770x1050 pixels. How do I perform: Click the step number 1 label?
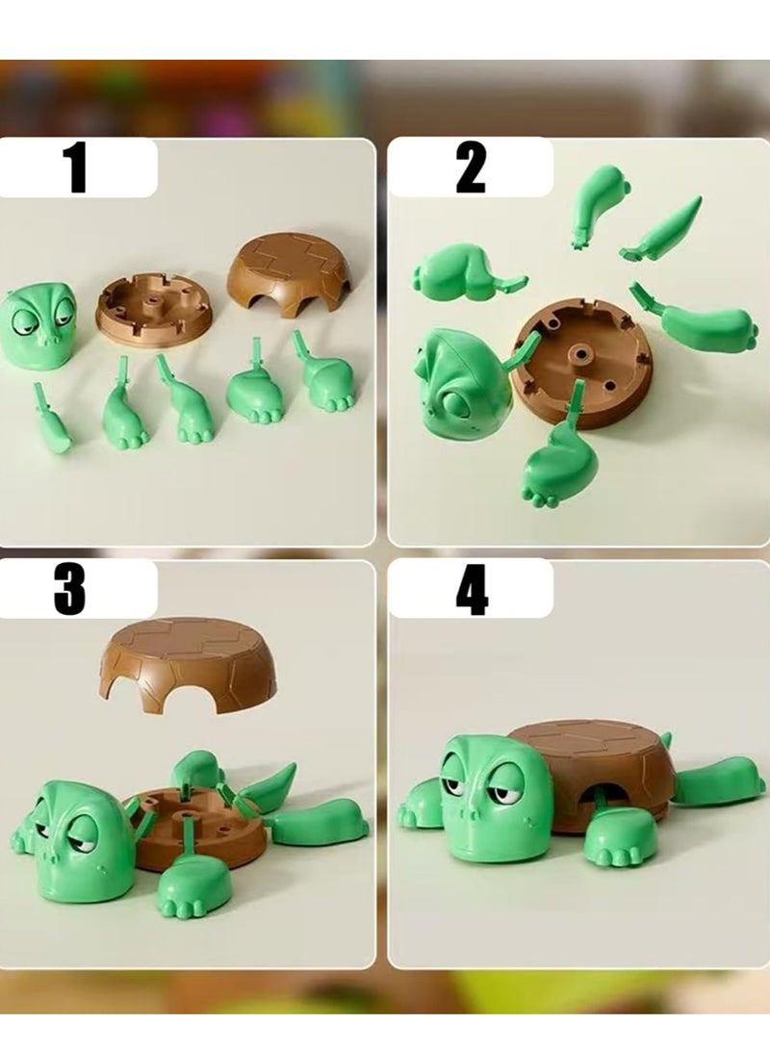(75, 167)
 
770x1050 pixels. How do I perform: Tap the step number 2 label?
(471, 167)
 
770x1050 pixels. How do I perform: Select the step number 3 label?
(69, 589)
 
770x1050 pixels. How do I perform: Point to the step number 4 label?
(471, 589)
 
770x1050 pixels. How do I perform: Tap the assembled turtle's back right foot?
(719, 780)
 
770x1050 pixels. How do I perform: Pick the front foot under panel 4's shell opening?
(622, 833)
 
